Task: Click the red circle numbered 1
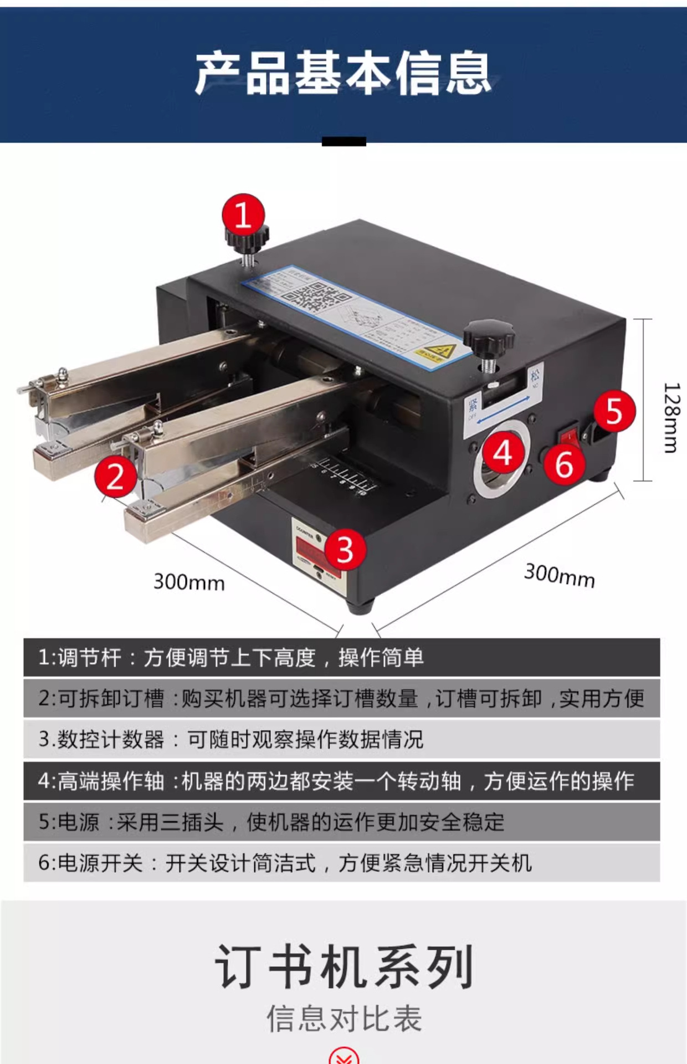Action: click(243, 214)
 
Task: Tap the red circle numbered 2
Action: click(115, 477)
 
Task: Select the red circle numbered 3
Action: click(345, 550)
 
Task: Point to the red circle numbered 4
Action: click(503, 454)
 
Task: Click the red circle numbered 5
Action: click(614, 411)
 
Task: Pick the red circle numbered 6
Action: click(563, 464)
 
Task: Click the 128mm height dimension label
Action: click(670, 418)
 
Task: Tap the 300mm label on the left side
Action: click(189, 582)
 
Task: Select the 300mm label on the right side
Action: click(560, 575)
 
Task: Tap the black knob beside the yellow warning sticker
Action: click(488, 337)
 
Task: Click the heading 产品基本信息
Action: click(343, 73)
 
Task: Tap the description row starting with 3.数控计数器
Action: click(341, 739)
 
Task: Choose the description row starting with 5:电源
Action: click(341, 822)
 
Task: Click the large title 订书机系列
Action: click(343, 967)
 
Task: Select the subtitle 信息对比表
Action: click(343, 1019)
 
